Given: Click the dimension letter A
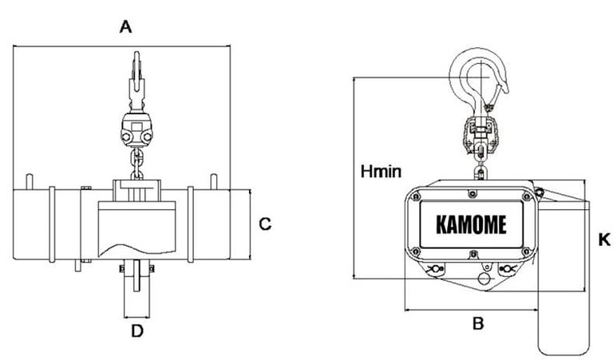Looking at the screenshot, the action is click(125, 27).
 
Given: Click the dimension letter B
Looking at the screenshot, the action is click(478, 323).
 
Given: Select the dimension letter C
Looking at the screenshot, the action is click(265, 224).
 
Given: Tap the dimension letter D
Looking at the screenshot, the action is click(137, 331).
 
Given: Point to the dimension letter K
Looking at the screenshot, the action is click(604, 239).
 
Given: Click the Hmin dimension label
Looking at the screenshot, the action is click(381, 171).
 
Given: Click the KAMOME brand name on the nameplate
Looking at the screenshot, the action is click(471, 225).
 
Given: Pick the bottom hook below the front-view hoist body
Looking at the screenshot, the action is click(136, 275).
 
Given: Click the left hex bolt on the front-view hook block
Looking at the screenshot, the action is click(126, 137).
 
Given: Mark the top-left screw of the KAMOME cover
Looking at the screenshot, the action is click(416, 196).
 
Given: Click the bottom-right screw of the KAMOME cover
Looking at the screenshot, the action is click(526, 251).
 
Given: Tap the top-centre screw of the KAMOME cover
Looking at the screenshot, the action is click(473, 193).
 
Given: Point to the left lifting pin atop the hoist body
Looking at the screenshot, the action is click(30, 182).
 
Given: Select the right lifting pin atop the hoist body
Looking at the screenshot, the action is click(213, 182).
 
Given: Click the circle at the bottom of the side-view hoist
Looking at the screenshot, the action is click(484, 279).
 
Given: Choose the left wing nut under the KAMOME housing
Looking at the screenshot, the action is click(435, 269).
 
